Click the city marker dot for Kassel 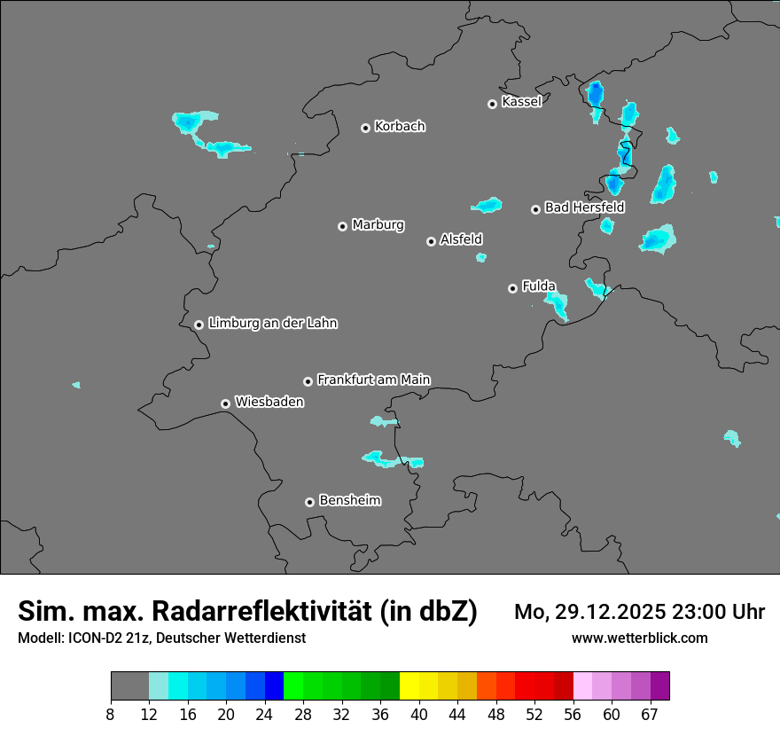point(492,104)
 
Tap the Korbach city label point(400,126)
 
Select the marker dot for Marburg point(342,226)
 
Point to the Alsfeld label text point(461,239)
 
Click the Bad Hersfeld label point(584,207)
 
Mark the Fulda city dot point(512,288)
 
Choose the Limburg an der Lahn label point(272,323)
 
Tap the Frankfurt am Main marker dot point(308,381)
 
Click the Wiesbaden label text point(269,402)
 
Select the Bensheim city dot point(309,502)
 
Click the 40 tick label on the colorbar point(419,715)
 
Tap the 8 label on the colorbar point(111,715)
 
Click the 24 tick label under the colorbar point(265,715)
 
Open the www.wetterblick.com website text point(639,638)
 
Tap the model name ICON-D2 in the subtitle point(97,638)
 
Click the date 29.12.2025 point(600,612)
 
